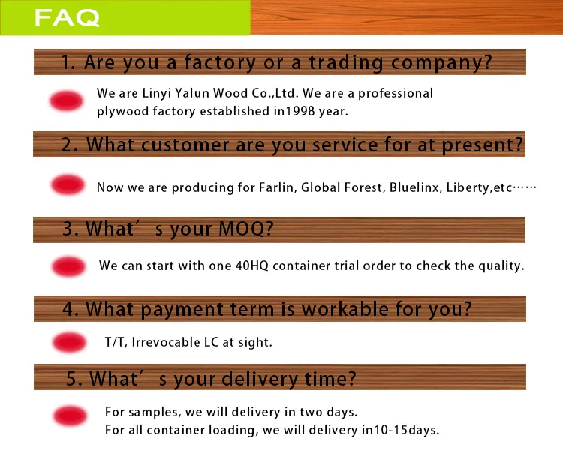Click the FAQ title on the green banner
coord(67,18)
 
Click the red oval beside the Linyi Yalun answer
coord(66,101)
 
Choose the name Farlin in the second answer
coord(277,187)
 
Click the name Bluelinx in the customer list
coord(413,187)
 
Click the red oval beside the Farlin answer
coord(68,185)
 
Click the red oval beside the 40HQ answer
coord(69,265)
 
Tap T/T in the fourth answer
coord(116,343)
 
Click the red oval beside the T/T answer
coord(69,343)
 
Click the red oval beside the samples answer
coord(70,416)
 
